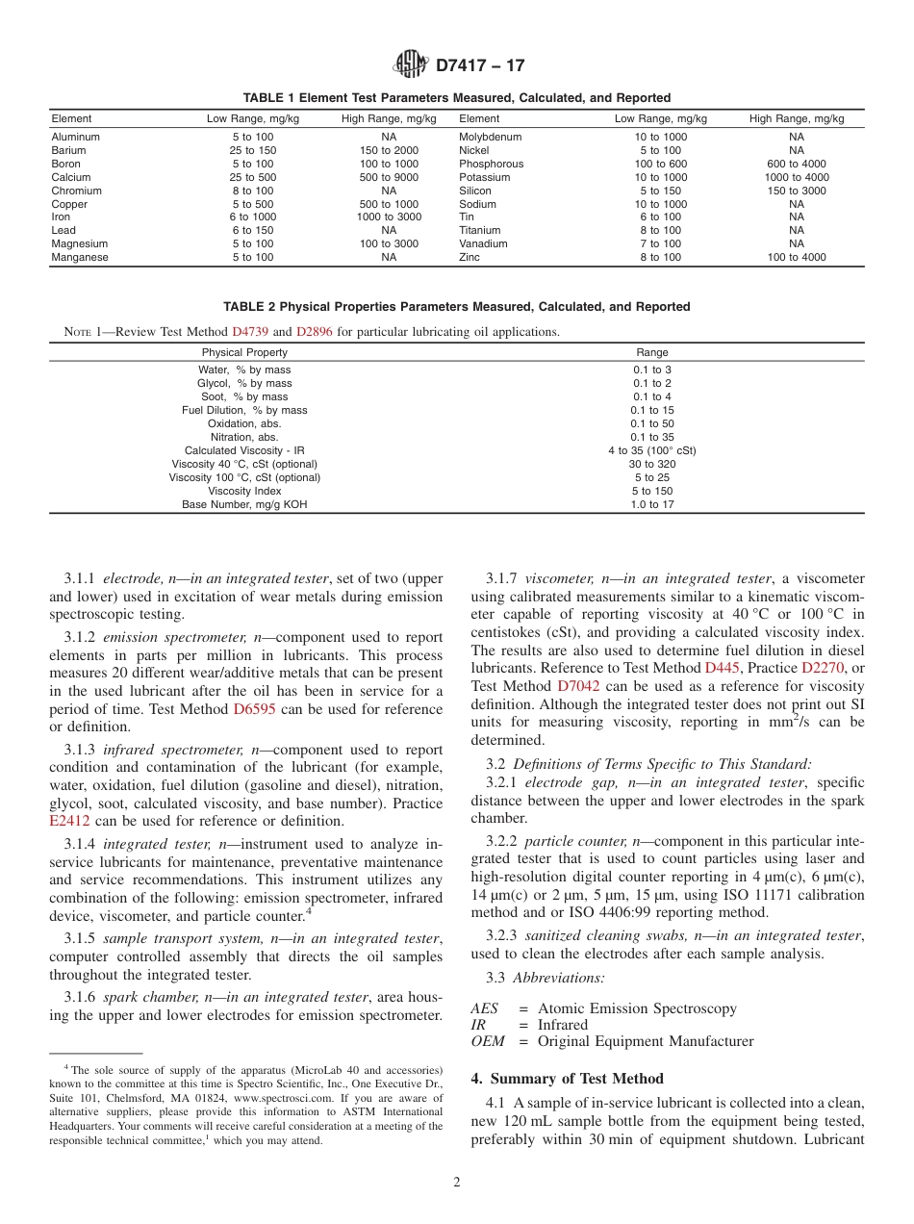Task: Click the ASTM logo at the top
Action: tap(411, 65)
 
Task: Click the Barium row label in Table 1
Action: tap(68, 151)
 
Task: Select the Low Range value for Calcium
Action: tap(253, 178)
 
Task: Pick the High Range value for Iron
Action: tap(389, 217)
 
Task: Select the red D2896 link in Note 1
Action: tap(317, 332)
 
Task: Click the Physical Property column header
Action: tap(244, 353)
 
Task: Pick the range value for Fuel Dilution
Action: tap(652, 411)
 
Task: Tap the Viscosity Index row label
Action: tap(244, 492)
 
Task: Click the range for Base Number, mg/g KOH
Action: tap(652, 505)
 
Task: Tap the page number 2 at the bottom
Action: tap(457, 1183)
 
